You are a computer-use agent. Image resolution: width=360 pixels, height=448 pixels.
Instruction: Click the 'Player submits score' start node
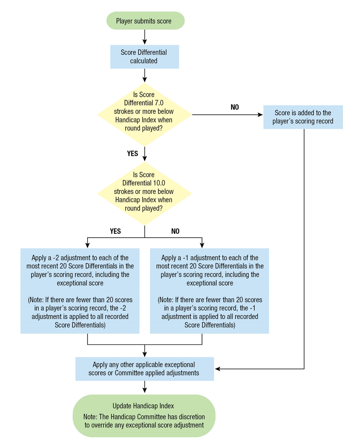[145, 20]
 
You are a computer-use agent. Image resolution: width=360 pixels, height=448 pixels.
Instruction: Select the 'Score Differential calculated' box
[145, 57]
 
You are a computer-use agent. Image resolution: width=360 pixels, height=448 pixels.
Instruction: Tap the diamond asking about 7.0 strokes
[145, 115]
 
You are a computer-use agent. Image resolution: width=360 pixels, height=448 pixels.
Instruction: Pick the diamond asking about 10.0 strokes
[145, 193]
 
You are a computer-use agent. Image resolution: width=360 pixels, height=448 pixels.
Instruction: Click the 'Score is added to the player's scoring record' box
[303, 117]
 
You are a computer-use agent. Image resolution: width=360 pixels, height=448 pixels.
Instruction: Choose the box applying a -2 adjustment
[80, 291]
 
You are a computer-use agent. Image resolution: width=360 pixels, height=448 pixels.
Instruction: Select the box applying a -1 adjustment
[210, 291]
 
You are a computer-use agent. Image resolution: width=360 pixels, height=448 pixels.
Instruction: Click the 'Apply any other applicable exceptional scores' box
[145, 368]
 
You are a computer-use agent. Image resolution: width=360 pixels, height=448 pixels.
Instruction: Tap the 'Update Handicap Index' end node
[144, 416]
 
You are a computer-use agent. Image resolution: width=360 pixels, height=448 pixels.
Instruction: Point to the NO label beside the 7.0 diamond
[235, 107]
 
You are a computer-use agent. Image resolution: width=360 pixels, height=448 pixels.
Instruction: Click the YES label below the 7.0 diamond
[132, 153]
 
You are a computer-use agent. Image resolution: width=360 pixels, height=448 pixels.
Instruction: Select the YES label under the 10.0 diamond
[115, 231]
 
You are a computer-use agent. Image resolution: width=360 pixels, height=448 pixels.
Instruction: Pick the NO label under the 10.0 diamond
[175, 231]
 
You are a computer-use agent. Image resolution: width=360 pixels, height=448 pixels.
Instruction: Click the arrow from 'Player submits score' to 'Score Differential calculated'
[145, 37]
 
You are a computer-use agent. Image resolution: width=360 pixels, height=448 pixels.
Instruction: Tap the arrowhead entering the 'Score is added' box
[260, 115]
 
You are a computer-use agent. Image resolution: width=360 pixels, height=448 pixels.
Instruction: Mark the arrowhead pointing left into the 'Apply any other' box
[217, 369]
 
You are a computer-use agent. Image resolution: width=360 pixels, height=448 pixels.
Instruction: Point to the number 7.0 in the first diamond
[159, 103]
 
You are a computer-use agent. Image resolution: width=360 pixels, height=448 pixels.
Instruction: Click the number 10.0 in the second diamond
[159, 183]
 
